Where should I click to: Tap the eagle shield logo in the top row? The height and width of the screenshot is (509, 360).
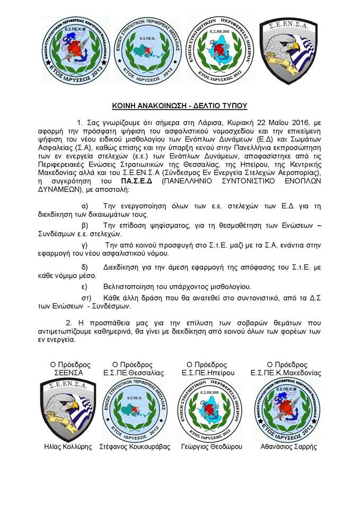(x=288, y=50)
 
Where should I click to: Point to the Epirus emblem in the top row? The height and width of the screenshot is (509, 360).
(x=217, y=50)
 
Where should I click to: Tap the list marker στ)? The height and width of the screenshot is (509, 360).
(x=85, y=298)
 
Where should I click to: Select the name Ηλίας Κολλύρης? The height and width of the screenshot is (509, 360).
(x=67, y=446)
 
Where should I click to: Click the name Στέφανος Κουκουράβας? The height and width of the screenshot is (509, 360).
(x=135, y=446)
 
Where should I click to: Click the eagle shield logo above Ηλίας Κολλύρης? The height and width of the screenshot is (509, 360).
(x=67, y=406)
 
